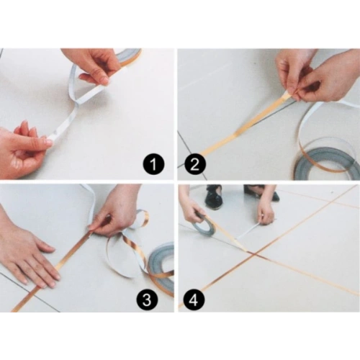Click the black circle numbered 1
(154, 165)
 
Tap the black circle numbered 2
(195, 165)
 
